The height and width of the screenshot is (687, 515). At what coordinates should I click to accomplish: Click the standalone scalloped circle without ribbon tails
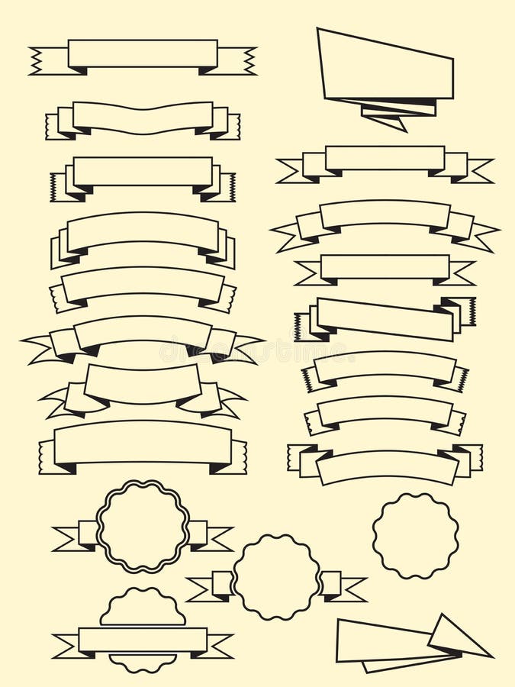click(416, 535)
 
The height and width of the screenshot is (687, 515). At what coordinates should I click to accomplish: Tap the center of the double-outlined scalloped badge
click(143, 526)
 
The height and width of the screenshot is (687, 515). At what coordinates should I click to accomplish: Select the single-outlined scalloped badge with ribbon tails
click(276, 577)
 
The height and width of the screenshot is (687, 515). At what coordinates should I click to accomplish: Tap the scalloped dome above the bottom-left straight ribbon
click(143, 608)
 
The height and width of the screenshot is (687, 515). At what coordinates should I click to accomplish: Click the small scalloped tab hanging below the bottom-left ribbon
click(143, 661)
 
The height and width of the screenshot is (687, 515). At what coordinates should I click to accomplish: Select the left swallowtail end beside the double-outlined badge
click(67, 538)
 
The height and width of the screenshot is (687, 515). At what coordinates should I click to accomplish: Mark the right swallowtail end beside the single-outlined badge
click(352, 589)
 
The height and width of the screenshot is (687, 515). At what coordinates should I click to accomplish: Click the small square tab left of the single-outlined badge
click(223, 584)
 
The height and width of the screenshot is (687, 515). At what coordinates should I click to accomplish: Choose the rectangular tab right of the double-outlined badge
click(198, 532)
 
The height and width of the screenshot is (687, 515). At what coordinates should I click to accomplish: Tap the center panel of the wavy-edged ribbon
click(143, 118)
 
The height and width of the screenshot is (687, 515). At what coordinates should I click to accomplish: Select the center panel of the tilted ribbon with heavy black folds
click(385, 319)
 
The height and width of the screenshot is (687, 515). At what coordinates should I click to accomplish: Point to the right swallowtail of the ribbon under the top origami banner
click(478, 171)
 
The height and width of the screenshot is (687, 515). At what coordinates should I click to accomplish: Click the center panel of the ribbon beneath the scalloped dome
click(143, 640)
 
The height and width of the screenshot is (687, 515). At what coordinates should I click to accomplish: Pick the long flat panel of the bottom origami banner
click(381, 641)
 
